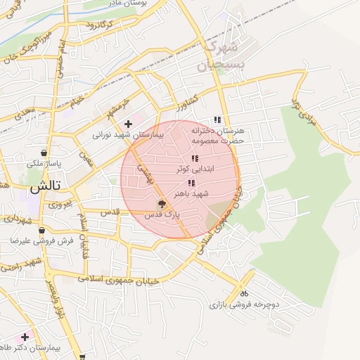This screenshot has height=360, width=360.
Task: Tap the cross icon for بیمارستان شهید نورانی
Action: pos(127,124)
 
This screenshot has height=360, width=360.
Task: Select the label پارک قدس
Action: pos(163,215)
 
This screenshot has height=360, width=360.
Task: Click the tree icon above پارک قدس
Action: pos(163,205)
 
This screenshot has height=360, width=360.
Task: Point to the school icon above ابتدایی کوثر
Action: pos(195,159)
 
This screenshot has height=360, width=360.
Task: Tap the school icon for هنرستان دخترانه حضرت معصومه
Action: pos(218,120)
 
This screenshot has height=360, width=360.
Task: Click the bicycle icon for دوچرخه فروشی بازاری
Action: pos(244,293)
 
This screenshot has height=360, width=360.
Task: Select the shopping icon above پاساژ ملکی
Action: pos(44,153)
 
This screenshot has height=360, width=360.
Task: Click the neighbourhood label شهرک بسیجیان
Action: pos(221,56)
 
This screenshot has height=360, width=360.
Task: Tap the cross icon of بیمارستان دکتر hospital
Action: pos(25,337)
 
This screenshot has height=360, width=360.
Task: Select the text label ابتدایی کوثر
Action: pos(209,170)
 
